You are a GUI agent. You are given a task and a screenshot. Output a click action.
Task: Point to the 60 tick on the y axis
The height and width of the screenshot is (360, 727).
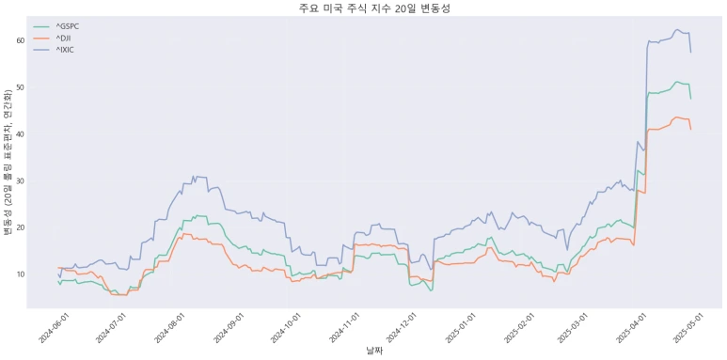[19, 41]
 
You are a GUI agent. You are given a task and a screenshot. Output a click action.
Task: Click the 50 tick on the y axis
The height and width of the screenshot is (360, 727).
[19, 87]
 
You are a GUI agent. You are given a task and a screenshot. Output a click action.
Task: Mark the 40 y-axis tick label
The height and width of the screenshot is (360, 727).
[19, 134]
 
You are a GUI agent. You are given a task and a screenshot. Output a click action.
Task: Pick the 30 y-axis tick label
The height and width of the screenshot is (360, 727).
[19, 180]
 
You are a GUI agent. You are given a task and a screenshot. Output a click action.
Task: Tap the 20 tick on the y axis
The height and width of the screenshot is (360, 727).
[19, 227]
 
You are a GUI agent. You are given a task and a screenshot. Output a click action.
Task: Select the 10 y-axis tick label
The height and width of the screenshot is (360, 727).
[19, 274]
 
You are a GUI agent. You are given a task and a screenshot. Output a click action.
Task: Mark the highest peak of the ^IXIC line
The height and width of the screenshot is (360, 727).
[677, 30]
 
